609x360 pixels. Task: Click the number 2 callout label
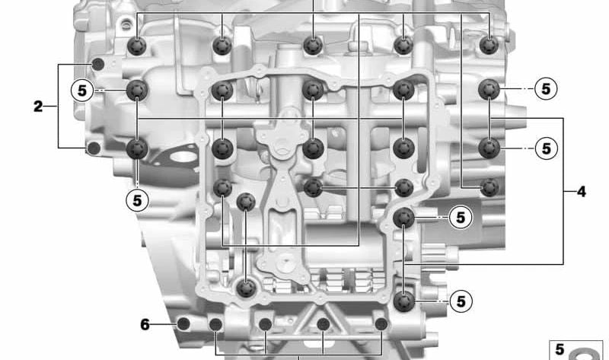pyautogui.click(x=37, y=106)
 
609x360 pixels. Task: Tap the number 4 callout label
pyautogui.click(x=581, y=191)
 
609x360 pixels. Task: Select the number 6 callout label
pyautogui.click(x=145, y=324)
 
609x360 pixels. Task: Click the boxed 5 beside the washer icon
pyautogui.click(x=560, y=349)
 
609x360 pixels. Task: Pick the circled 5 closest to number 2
pyautogui.click(x=82, y=91)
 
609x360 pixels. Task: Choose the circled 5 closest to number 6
pyautogui.click(x=138, y=200)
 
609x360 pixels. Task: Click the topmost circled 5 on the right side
pyautogui.click(x=546, y=89)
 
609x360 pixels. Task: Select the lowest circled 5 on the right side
pyautogui.click(x=461, y=301)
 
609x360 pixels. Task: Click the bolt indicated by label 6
pyautogui.click(x=183, y=323)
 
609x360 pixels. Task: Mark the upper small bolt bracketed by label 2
pyautogui.click(x=98, y=64)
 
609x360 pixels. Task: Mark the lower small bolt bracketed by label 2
pyautogui.click(x=94, y=148)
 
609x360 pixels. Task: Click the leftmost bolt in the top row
pyautogui.click(x=137, y=46)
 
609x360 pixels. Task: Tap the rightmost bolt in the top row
pyautogui.click(x=489, y=45)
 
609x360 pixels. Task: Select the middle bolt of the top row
pyautogui.click(x=313, y=46)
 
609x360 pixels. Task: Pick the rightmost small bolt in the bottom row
pyautogui.click(x=381, y=324)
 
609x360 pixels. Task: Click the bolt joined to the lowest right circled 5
pyautogui.click(x=404, y=301)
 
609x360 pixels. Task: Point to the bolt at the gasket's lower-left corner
pyautogui.click(x=246, y=288)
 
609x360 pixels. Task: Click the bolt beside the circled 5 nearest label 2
pyautogui.click(x=137, y=91)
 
